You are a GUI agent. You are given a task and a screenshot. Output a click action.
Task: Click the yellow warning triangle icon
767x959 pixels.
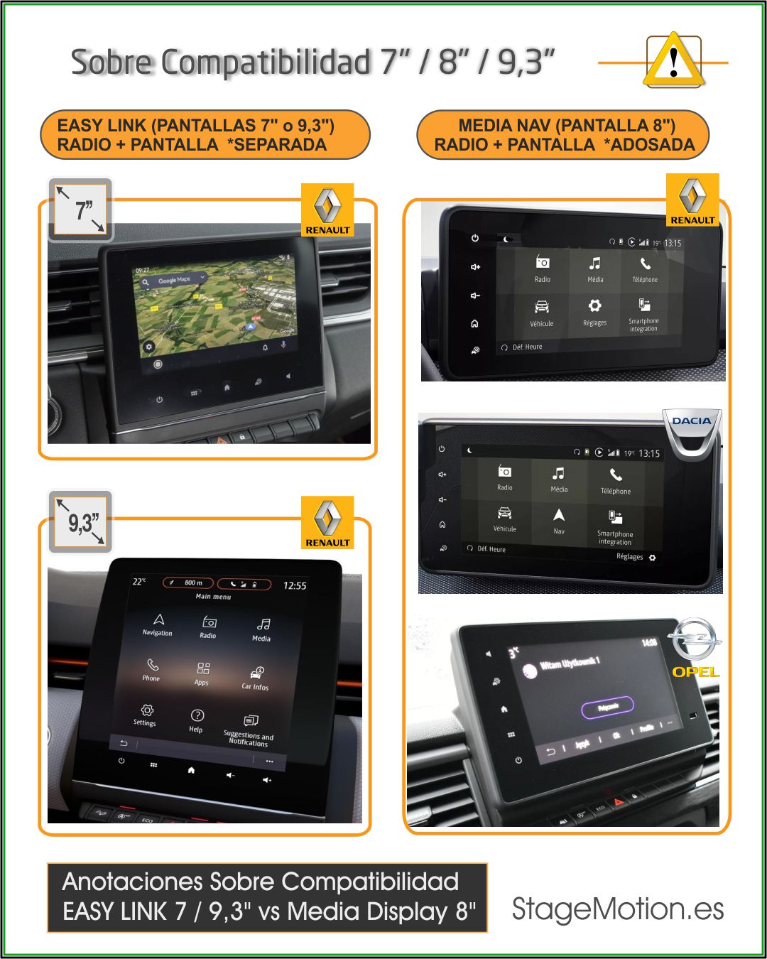(673, 62)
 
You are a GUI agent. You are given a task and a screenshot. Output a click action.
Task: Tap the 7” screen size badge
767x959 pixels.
(81, 210)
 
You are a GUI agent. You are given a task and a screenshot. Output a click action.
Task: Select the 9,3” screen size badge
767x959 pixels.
(81, 524)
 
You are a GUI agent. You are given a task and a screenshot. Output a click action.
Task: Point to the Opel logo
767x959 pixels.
(695, 646)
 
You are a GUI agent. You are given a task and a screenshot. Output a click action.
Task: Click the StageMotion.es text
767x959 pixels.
(618, 909)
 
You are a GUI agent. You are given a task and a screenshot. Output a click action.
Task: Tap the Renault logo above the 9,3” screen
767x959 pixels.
(327, 523)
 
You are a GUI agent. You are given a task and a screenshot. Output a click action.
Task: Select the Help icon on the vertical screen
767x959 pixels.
(197, 716)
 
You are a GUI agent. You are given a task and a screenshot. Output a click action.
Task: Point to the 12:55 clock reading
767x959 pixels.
(295, 585)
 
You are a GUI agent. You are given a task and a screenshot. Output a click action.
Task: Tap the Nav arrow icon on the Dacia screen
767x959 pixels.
(559, 516)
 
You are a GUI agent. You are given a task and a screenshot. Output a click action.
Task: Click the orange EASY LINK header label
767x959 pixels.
(205, 135)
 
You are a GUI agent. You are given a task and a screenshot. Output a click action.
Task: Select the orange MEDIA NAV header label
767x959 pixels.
(564, 135)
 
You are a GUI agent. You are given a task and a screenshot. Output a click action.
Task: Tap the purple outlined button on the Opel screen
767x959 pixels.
(607, 707)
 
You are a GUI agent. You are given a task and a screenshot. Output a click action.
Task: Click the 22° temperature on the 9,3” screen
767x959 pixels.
(139, 581)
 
